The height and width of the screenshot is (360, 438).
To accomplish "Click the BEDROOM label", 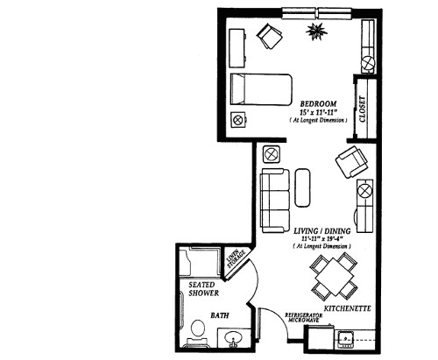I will (x=315, y=102).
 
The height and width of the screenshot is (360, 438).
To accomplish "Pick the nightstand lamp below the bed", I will (x=237, y=120).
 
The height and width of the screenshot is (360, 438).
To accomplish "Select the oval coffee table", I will (x=303, y=186).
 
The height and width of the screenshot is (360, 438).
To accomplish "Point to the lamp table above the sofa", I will (x=271, y=154).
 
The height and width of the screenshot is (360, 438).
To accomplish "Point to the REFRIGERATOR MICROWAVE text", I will (x=306, y=319).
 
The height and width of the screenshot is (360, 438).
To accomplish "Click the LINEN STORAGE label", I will (x=234, y=260).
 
